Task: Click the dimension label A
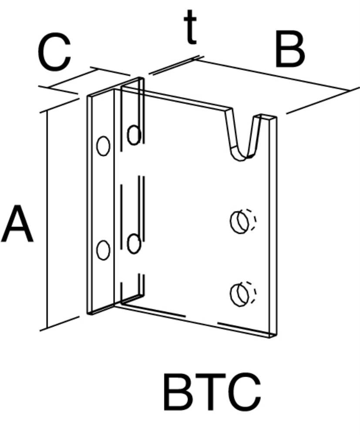tap(17, 224)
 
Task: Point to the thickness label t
tap(190, 27)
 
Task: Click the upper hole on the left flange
tap(103, 146)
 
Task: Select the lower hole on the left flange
tap(103, 250)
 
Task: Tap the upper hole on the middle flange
tap(134, 135)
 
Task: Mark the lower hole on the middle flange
tap(134, 244)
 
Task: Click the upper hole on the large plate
tap(240, 222)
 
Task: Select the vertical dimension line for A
tap(47, 219)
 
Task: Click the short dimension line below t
tap(174, 66)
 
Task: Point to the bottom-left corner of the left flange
tap(87, 314)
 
